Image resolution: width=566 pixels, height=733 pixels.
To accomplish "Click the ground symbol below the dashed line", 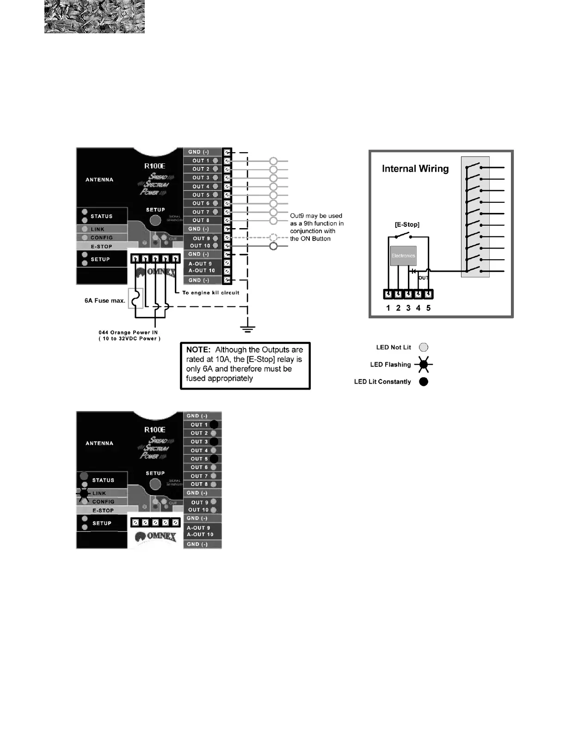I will pos(248,329).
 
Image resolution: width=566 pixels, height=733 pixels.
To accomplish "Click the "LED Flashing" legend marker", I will pos(424,365).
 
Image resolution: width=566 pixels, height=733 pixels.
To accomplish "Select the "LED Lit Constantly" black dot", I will pos(424,382).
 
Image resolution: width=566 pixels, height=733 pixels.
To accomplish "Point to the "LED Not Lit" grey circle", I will pos(424,348).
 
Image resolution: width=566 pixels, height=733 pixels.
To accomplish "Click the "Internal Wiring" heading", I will pos(415,169).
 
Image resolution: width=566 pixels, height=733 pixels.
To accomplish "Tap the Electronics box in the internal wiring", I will pos(403,256).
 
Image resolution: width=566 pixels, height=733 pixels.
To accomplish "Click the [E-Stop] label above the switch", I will pos(407,224).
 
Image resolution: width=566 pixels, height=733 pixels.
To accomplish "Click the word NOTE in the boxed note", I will pos(198,350).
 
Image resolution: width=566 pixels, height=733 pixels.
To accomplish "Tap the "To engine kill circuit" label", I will pos(211,292).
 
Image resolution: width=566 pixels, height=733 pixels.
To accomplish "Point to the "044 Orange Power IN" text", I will pos(128,332).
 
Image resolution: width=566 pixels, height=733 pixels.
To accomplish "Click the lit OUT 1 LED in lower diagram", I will pos(214,424).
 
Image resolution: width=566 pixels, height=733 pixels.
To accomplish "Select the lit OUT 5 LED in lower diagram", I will pos(214,459).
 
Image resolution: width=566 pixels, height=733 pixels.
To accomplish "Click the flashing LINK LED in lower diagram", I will pos(84,493).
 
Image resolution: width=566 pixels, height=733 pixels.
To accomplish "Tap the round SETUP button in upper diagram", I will pos(155,220).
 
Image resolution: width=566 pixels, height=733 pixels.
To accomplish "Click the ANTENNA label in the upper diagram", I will pos(99,180).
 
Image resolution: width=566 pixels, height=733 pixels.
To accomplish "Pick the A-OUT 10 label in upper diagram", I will pos(202,271).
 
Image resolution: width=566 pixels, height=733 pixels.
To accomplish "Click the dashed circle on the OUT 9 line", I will pos(273,238).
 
